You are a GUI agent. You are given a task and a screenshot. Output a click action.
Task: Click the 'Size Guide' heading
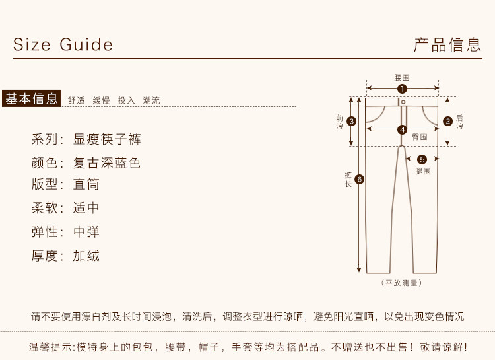point(63,45)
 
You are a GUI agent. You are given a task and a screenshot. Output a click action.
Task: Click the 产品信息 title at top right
point(447,45)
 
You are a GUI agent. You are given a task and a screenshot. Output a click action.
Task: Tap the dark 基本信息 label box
point(32,99)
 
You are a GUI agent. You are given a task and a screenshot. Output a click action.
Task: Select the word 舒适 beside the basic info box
point(77,100)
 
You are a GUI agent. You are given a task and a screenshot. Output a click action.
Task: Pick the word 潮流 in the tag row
point(152,100)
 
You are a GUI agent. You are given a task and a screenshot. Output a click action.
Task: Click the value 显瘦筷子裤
point(107,139)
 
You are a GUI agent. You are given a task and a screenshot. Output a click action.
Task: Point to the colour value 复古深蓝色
point(107,162)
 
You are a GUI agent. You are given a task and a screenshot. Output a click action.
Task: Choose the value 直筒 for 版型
point(86,184)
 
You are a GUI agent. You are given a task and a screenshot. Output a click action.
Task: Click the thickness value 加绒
point(86,256)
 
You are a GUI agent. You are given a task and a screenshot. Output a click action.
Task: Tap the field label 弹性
point(46,232)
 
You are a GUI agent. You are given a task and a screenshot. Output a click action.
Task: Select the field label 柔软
point(46,208)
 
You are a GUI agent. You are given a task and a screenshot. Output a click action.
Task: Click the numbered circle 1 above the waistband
point(402,89)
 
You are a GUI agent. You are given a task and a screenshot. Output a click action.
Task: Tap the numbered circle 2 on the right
point(447,121)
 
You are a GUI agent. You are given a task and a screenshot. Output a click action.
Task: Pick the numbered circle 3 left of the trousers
point(352,121)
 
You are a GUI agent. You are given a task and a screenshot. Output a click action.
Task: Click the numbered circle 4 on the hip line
point(402,130)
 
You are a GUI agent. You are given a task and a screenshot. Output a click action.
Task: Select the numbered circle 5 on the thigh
point(422,159)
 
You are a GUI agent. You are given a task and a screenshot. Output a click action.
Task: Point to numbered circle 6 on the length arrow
point(359,179)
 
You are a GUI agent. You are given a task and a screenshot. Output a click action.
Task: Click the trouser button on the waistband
point(403,102)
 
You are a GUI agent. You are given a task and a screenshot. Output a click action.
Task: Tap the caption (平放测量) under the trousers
point(402,283)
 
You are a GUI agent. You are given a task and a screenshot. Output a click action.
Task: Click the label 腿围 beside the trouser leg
point(423,171)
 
